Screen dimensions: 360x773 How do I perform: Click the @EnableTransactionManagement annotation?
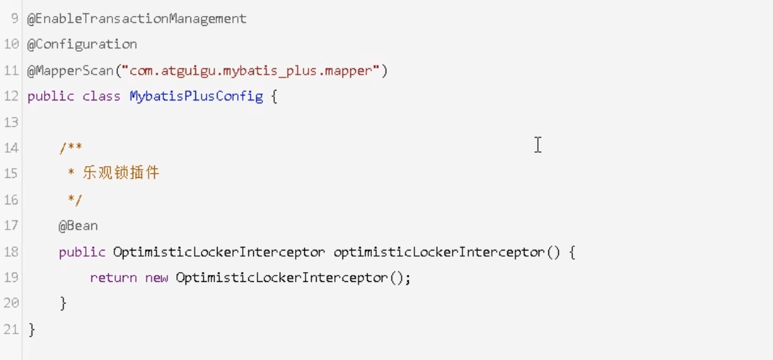pos(137,19)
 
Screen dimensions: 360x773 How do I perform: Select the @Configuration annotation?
pos(82,44)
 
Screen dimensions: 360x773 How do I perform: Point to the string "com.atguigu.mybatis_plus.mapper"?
pos(251,70)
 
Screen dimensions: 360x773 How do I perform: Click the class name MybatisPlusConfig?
pos(196,96)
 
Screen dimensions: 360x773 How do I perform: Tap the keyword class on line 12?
pos(101,96)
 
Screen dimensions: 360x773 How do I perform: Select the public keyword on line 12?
pos(51,96)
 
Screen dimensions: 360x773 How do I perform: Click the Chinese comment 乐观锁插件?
pos(121,173)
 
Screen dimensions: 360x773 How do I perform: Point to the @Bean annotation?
pos(78,226)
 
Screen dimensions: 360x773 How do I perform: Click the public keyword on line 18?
pos(82,252)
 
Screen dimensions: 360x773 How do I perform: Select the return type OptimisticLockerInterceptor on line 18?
pos(219,252)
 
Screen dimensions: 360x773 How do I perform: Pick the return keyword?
pos(114,278)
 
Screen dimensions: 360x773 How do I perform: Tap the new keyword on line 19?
pos(156,278)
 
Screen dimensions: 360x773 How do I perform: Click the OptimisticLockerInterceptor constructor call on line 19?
pos(282,278)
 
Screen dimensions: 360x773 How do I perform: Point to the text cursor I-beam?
pos(538,145)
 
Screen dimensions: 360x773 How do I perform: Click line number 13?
pos(10,122)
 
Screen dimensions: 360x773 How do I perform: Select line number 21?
pos(10,329)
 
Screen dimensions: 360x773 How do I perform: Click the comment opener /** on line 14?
pos(70,148)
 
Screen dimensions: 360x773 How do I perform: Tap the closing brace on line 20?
pos(63,303)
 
